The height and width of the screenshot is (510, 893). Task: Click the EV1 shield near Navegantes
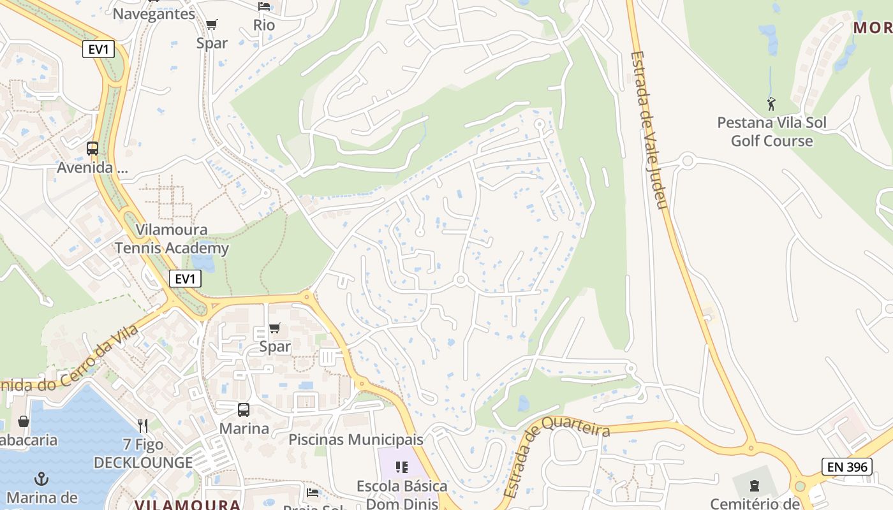pyautogui.click(x=98, y=49)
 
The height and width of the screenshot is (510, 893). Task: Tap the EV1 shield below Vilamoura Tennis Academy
pyautogui.click(x=185, y=279)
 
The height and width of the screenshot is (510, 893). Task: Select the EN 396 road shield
pyautogui.click(x=846, y=467)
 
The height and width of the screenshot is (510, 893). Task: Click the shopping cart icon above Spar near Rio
pyautogui.click(x=212, y=25)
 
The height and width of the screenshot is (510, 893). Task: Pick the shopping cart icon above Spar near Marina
pyautogui.click(x=275, y=328)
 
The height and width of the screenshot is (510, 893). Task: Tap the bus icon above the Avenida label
pyautogui.click(x=92, y=149)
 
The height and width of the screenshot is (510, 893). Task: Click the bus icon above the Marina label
pyautogui.click(x=244, y=410)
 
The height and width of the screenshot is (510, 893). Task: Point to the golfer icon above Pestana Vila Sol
pyautogui.click(x=771, y=103)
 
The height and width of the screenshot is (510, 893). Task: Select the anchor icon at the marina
pyautogui.click(x=41, y=478)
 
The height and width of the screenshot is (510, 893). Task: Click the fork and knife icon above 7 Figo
pyautogui.click(x=143, y=425)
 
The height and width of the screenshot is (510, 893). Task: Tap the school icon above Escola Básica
pyautogui.click(x=401, y=467)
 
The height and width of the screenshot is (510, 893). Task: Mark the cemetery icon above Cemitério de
pyautogui.click(x=755, y=486)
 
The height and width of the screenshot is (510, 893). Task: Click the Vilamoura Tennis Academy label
pyautogui.click(x=172, y=239)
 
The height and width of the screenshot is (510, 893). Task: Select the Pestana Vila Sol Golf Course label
pyautogui.click(x=772, y=131)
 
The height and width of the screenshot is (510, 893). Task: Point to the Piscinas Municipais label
pyautogui.click(x=356, y=439)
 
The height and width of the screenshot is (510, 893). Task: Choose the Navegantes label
pyautogui.click(x=154, y=13)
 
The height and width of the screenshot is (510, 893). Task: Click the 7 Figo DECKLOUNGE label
pyautogui.click(x=143, y=453)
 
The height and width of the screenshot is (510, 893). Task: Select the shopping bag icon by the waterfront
pyautogui.click(x=24, y=421)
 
